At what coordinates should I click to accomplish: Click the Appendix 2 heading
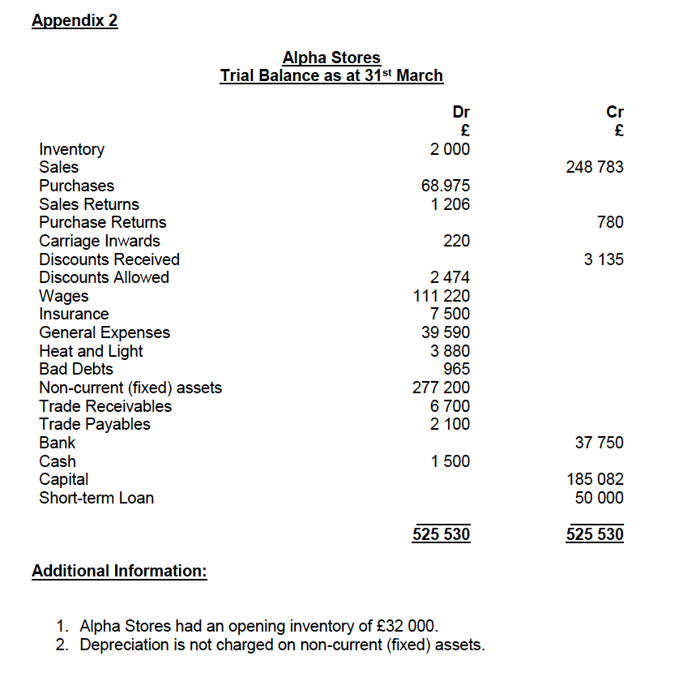[x=75, y=20]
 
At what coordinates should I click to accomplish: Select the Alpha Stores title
[x=331, y=58]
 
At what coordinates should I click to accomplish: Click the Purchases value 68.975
[x=445, y=186]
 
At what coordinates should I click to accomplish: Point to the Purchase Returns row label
[x=103, y=222]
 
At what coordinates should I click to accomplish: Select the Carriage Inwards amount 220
[x=456, y=241]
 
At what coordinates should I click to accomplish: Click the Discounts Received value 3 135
[x=604, y=259]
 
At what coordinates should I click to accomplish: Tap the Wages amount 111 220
[x=442, y=296]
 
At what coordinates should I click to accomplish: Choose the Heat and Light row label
[x=91, y=351]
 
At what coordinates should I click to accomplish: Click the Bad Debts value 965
[x=456, y=369]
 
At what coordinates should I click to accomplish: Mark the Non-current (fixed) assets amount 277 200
[x=442, y=388]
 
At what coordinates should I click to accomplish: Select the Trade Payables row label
[x=95, y=424]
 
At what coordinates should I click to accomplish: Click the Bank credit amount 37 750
[x=600, y=443]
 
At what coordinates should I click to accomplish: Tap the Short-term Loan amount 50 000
[x=600, y=498]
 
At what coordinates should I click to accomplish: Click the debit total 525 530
[x=442, y=534]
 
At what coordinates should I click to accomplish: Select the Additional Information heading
[x=119, y=571]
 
